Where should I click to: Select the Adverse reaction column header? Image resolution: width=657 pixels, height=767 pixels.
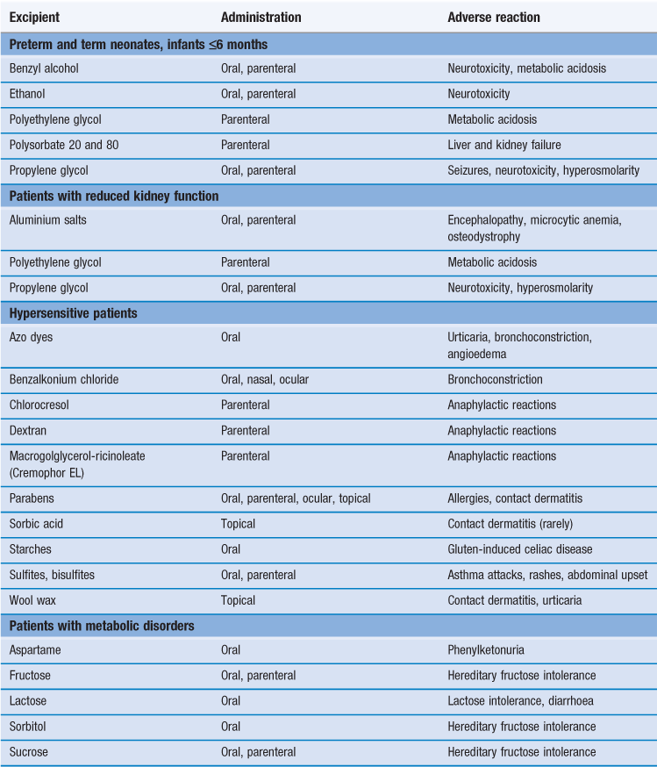point(494,18)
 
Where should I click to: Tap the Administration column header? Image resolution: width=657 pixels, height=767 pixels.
point(261,18)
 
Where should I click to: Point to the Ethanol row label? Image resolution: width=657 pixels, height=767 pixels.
point(29,94)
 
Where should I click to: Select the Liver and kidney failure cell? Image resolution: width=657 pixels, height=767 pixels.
point(504,145)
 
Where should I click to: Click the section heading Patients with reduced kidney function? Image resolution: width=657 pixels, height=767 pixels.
point(114,196)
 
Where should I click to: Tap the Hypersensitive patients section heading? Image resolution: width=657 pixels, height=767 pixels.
point(73,313)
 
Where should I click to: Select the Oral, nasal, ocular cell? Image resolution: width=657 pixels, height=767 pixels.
point(265,380)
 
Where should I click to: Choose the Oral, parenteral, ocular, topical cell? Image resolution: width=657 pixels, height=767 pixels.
point(296,498)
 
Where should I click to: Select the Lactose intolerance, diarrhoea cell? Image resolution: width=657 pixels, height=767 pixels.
point(521,701)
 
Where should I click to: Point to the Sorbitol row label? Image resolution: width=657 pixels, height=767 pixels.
point(30,727)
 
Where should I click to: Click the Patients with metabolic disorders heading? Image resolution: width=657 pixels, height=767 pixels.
point(102,626)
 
